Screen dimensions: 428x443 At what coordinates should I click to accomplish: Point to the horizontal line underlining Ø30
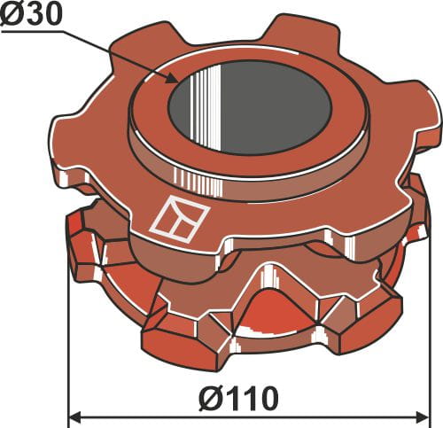pos(35,32)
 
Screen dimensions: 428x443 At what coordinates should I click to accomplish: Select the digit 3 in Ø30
pos(35,15)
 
